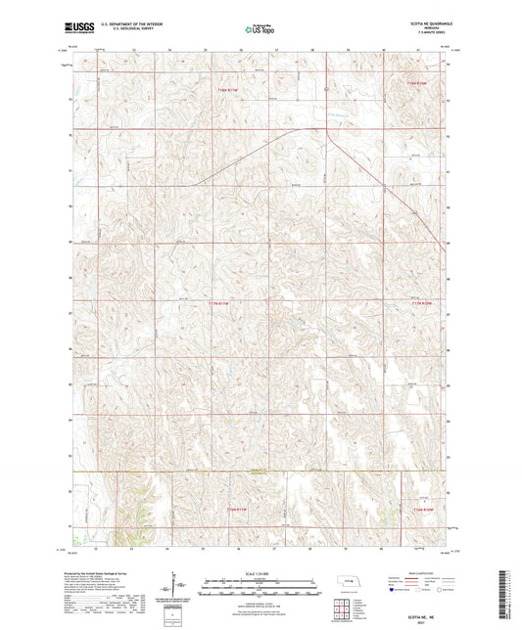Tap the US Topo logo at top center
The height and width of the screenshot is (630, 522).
[x=259, y=30]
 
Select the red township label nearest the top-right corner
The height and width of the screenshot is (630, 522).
[x=417, y=83]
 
